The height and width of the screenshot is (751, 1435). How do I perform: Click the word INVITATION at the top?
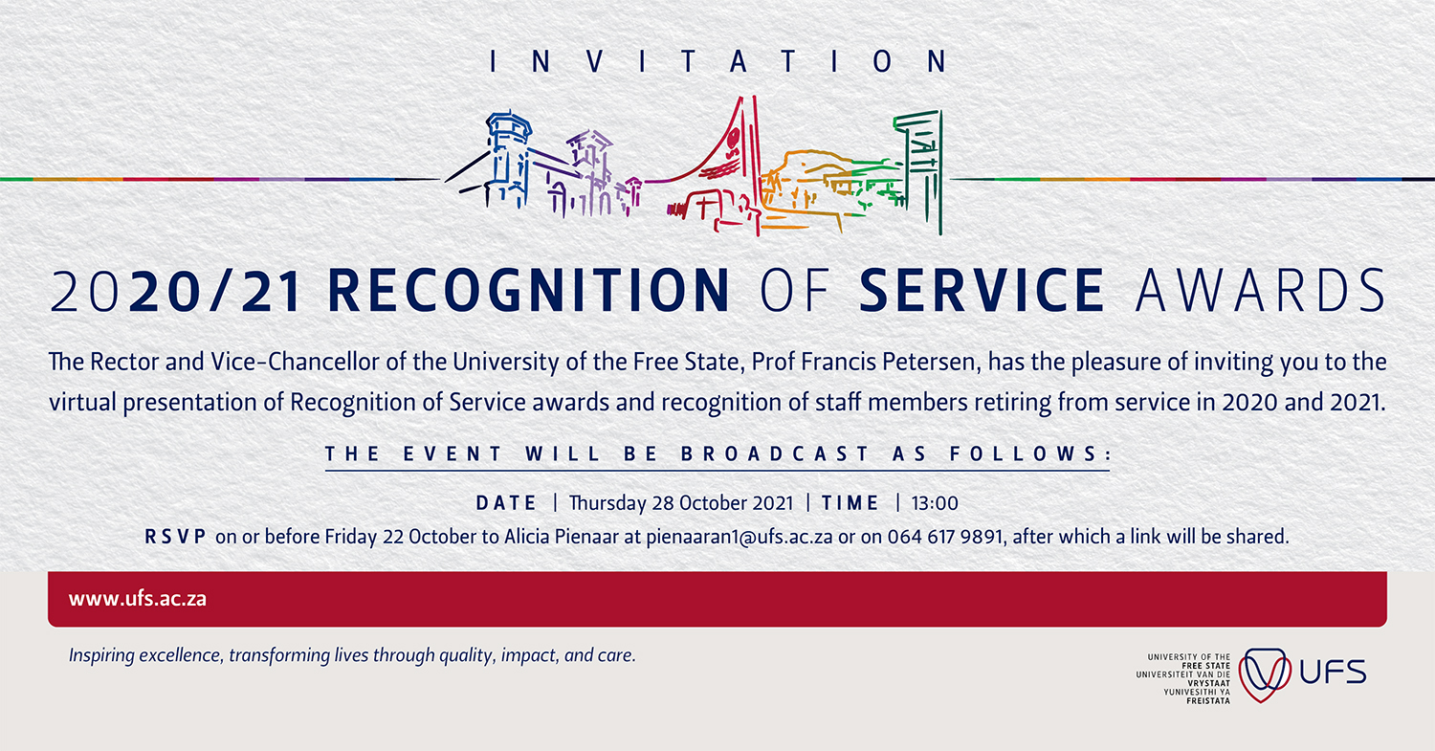click(718, 61)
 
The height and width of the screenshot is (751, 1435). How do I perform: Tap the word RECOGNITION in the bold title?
click(528, 290)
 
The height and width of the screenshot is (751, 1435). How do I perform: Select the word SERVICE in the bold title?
click(982, 290)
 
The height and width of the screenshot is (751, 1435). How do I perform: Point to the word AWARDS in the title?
click(1260, 290)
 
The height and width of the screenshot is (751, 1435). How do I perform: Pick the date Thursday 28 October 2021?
click(681, 503)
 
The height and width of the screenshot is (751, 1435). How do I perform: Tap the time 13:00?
click(935, 503)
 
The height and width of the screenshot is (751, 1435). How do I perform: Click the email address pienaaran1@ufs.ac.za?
click(740, 537)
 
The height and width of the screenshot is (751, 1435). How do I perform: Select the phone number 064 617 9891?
click(945, 537)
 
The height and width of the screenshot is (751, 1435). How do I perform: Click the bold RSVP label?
click(175, 537)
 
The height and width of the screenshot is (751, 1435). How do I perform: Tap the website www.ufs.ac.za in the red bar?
click(138, 599)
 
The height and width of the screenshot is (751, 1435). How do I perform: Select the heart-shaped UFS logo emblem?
click(1264, 675)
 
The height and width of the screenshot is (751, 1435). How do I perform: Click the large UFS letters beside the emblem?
click(1333, 673)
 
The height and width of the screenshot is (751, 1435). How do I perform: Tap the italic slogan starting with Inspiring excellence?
click(352, 655)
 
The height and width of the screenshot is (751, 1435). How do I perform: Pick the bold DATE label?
click(506, 503)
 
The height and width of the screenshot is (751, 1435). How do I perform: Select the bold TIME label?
click(850, 503)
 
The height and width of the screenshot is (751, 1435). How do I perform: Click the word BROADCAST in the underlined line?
click(775, 454)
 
